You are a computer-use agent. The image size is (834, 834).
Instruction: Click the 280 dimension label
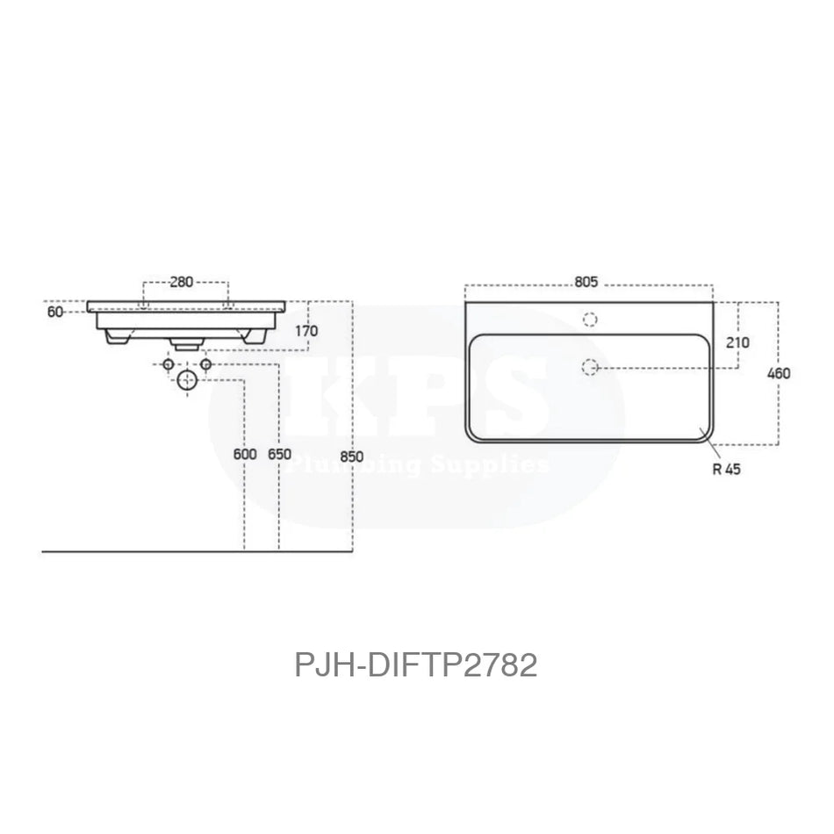(x=182, y=282)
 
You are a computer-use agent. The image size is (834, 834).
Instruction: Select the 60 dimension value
(x=55, y=312)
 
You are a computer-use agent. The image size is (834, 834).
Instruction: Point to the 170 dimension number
(x=306, y=331)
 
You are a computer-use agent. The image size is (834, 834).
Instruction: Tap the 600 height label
(x=245, y=455)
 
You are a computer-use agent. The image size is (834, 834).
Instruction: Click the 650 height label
(x=278, y=455)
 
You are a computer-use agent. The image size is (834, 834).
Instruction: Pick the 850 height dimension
(x=351, y=455)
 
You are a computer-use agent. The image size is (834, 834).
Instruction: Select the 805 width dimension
(x=586, y=282)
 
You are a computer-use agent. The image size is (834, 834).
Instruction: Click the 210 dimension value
(x=737, y=342)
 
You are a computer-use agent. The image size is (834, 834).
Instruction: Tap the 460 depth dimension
(x=778, y=373)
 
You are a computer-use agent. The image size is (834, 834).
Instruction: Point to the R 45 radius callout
(x=727, y=469)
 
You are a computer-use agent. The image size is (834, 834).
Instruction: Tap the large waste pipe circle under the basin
(x=187, y=380)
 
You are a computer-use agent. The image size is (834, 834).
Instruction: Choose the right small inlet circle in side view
(x=205, y=363)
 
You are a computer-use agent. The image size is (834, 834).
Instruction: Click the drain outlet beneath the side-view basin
(x=186, y=345)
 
